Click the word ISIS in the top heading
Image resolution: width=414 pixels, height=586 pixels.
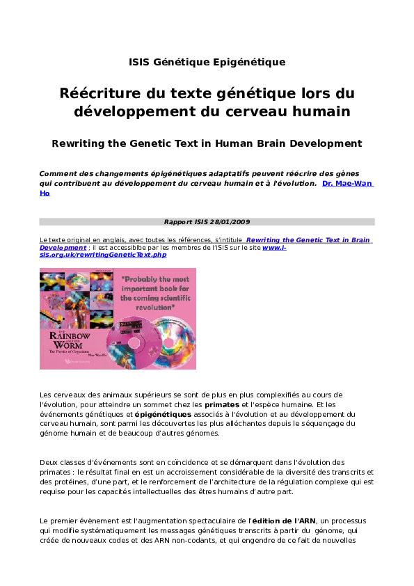[139, 62]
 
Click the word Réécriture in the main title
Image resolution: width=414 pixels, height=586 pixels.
[101, 93]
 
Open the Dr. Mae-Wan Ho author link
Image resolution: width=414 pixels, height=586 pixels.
[347, 184]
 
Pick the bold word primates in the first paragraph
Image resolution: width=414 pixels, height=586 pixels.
[221, 404]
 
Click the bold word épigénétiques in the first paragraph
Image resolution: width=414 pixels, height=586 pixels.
[159, 413]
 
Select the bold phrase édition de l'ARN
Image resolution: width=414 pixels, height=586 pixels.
[282, 521]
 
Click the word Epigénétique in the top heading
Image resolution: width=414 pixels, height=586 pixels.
[253, 62]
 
